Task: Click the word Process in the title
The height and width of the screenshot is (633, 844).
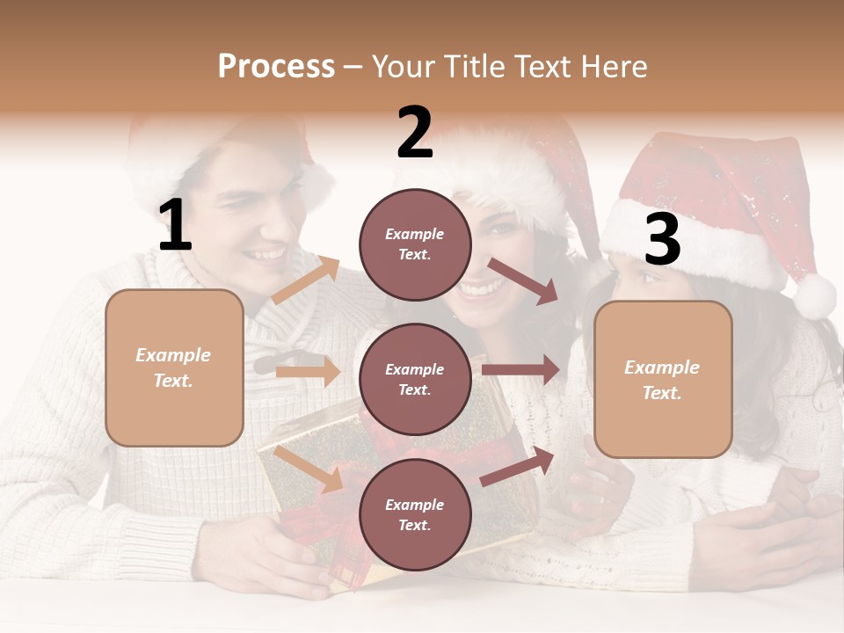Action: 276,66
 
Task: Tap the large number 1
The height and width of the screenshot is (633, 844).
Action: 175,225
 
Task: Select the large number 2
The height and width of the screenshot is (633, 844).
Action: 415,132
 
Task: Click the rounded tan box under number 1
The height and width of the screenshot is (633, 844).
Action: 174,367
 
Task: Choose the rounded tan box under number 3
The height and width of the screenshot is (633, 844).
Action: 663,379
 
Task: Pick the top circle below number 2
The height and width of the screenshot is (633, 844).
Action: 415,244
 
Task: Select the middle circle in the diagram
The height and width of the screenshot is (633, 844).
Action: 415,379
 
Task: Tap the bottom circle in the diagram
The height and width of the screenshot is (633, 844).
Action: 415,514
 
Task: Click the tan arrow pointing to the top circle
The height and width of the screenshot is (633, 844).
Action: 306,280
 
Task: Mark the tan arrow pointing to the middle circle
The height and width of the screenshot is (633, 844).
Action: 308,371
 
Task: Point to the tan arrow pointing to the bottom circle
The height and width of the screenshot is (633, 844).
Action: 309,468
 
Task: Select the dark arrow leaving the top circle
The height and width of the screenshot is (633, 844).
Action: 523,281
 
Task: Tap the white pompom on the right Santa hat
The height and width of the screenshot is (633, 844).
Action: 814,296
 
